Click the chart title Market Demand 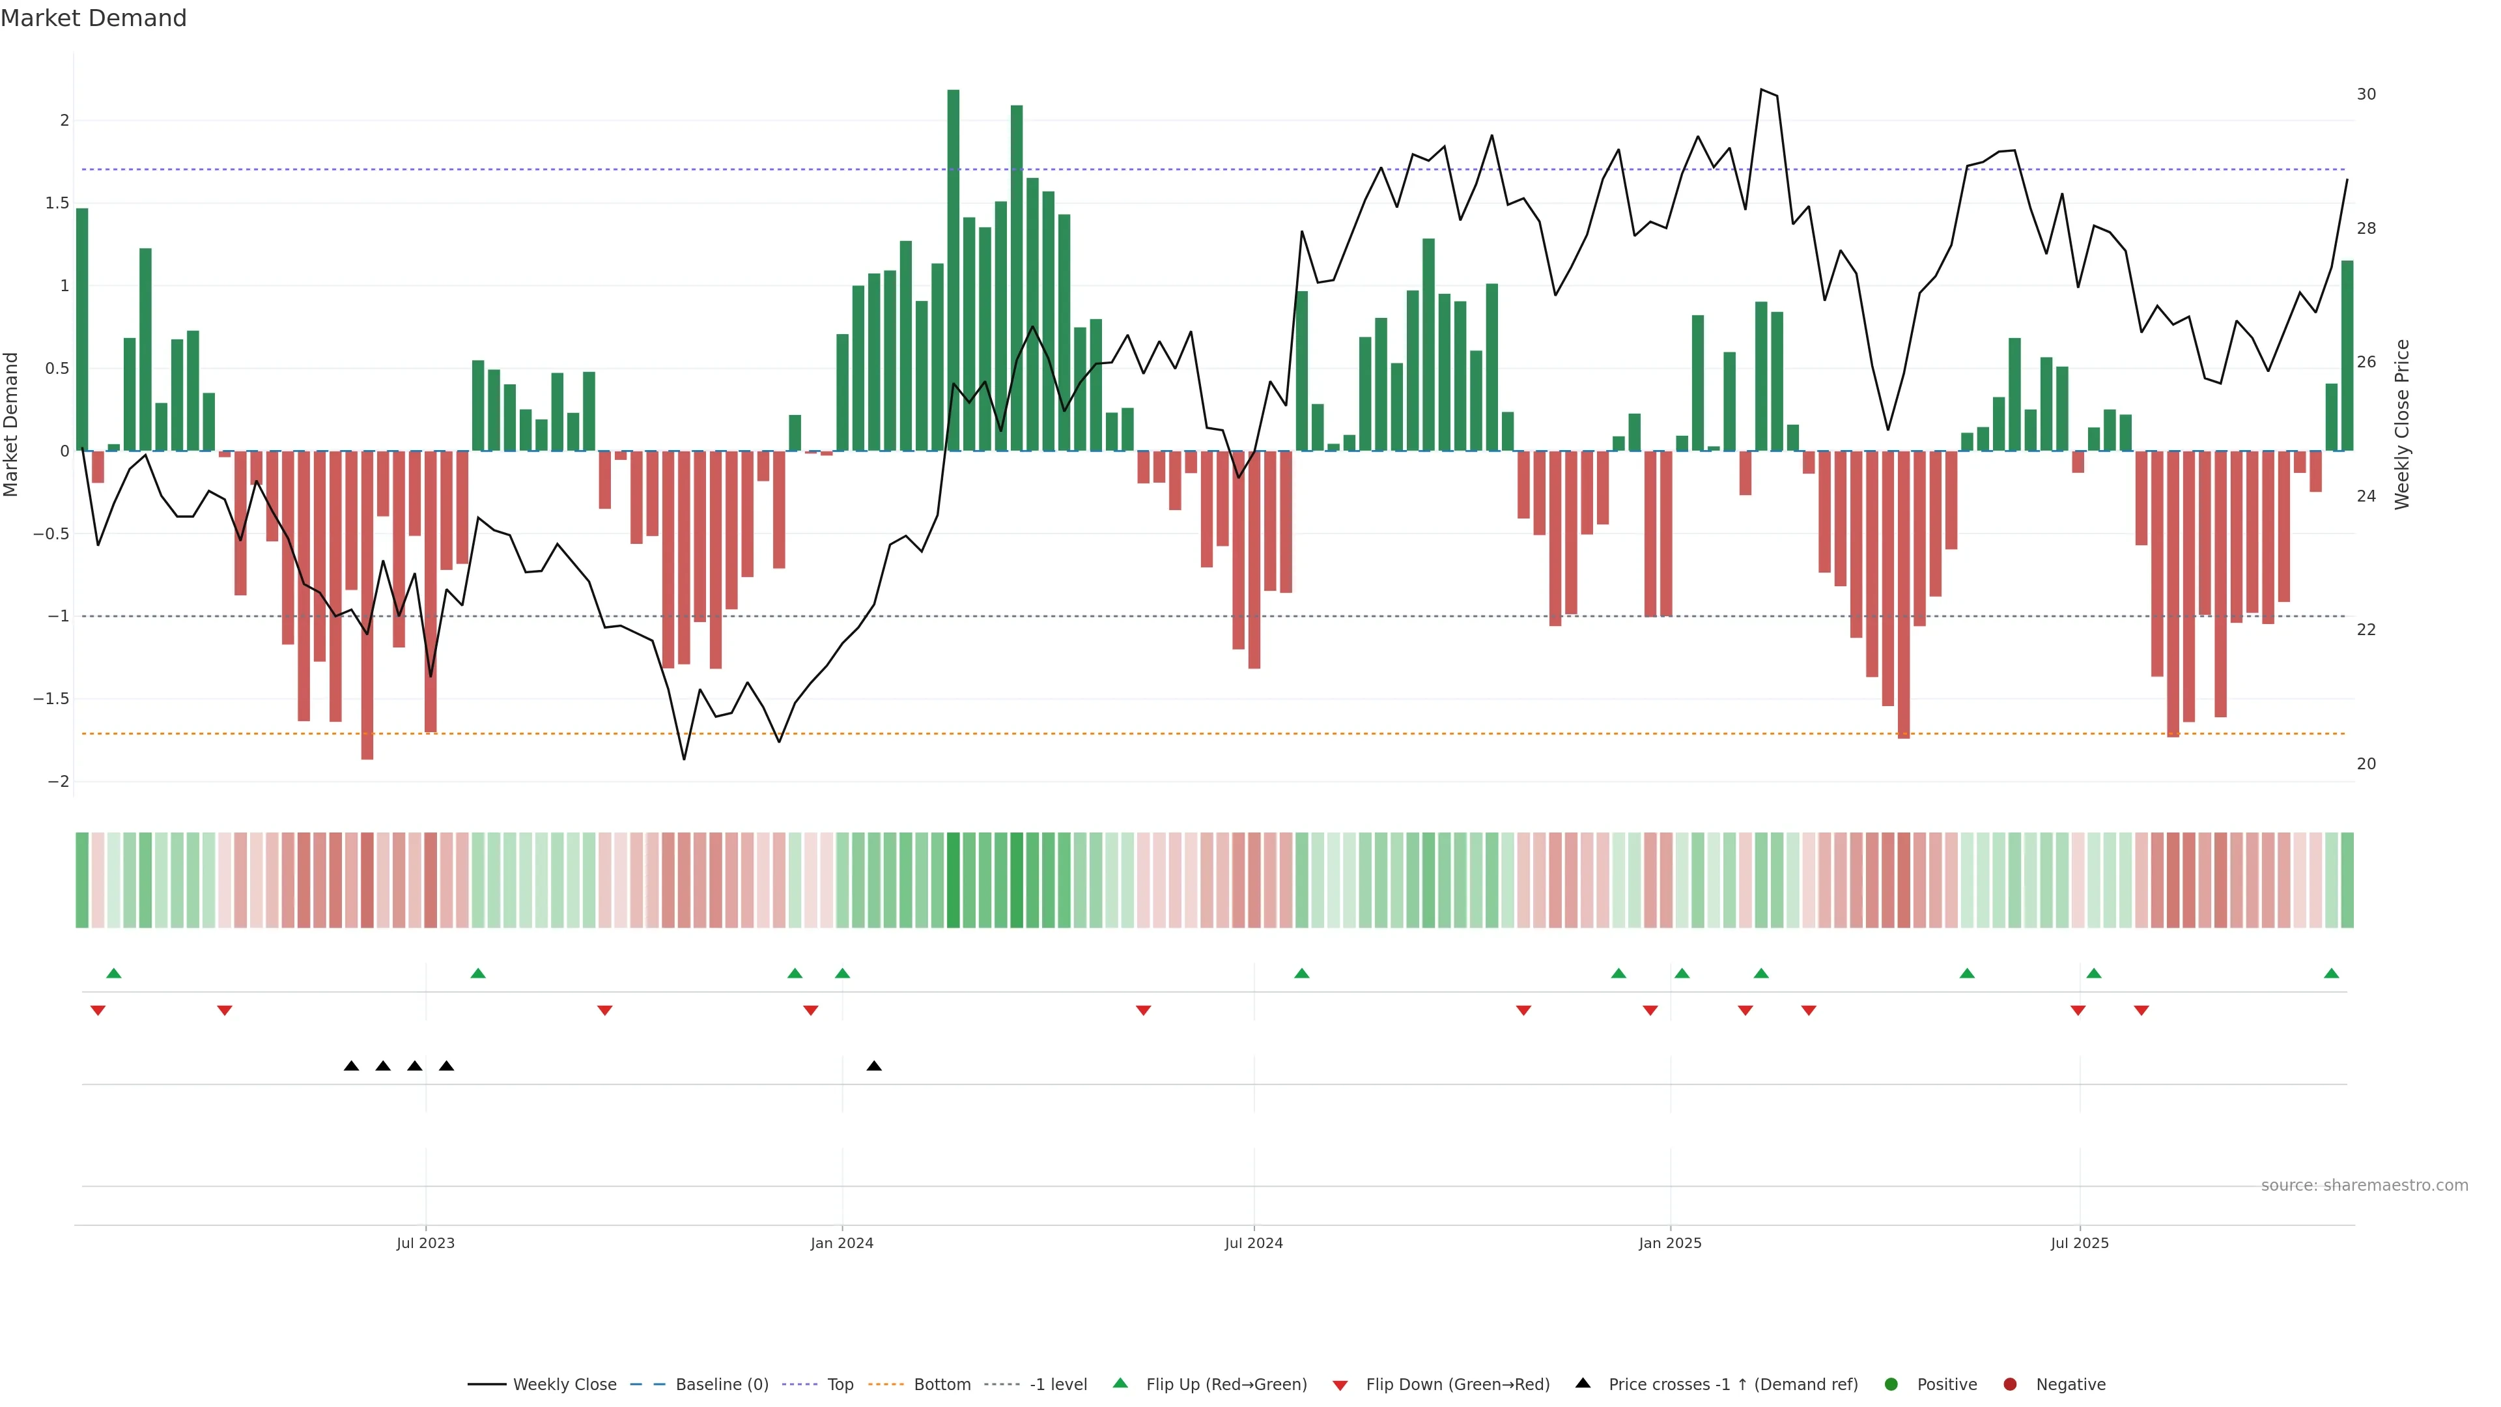click(x=93, y=18)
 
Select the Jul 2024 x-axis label click(x=1253, y=1243)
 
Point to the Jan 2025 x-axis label click(x=1670, y=1243)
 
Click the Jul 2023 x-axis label click(x=425, y=1243)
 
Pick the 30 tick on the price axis click(x=2366, y=94)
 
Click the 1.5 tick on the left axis click(x=58, y=203)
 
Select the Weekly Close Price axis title click(x=2402, y=424)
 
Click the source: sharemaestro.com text click(x=2364, y=1186)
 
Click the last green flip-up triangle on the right click(x=2331, y=973)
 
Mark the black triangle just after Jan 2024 click(x=874, y=1066)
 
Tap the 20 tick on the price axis click(x=2366, y=764)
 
